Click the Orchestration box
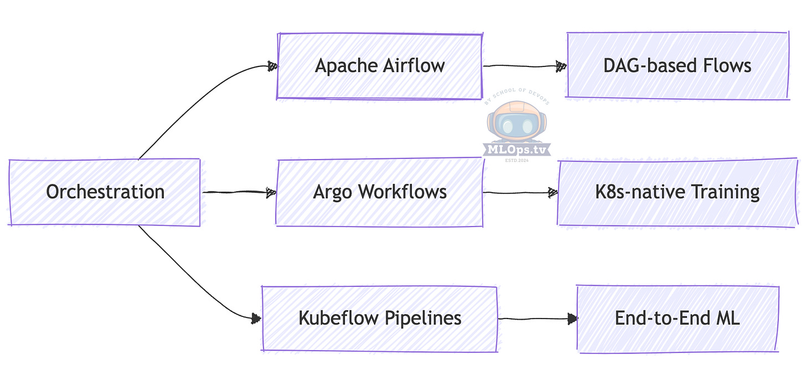point(105,192)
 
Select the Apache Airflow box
point(380,66)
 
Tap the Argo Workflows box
point(380,192)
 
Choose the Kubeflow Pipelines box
point(380,319)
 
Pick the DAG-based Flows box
point(677,66)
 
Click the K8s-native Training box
point(677,192)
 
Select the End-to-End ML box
point(677,319)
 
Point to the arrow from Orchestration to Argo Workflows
point(238,193)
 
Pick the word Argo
point(333,193)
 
